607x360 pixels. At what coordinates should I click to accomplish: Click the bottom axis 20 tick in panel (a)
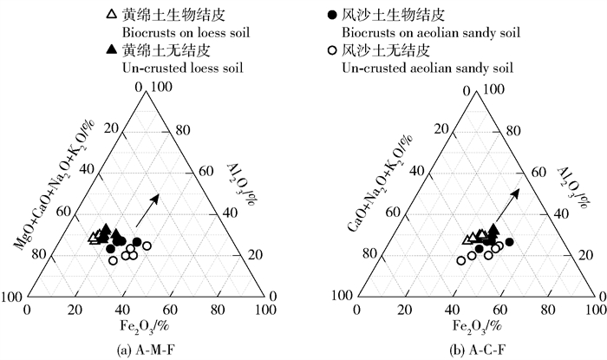click(75, 309)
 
